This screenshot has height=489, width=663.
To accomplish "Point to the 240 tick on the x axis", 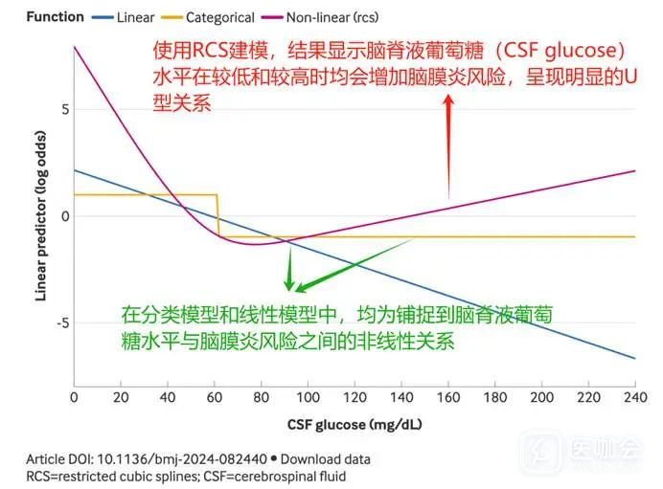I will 635,397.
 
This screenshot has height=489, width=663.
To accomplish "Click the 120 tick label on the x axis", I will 354,397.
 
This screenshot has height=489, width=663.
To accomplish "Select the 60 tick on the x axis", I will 214,397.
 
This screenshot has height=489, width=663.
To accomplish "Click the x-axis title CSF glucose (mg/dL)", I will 354,424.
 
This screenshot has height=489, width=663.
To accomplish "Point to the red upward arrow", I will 448,144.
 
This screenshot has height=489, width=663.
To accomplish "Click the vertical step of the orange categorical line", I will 217,215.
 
